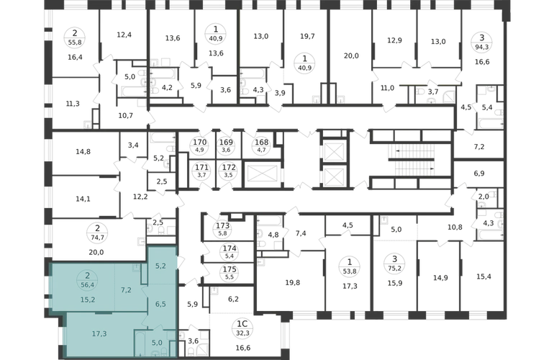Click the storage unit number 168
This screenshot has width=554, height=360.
(262, 142)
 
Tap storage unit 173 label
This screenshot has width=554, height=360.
(223, 225)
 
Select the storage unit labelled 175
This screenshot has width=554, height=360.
(230, 269)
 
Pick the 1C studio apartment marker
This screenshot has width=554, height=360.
(243, 324)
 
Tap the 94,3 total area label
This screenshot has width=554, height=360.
(481, 46)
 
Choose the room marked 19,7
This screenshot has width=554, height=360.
(307, 36)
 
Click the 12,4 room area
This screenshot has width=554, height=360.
(124, 35)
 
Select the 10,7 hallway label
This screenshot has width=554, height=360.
(125, 115)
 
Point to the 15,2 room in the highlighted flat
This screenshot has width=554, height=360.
(88, 300)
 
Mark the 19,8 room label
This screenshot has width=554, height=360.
(293, 282)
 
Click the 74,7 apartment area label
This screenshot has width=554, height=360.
(97, 238)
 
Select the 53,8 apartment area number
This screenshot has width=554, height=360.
(350, 271)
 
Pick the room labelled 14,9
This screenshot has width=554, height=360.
(440, 278)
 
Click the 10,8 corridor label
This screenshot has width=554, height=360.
(455, 227)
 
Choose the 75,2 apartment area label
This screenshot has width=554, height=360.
(395, 268)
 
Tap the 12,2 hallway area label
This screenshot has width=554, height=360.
(140, 197)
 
